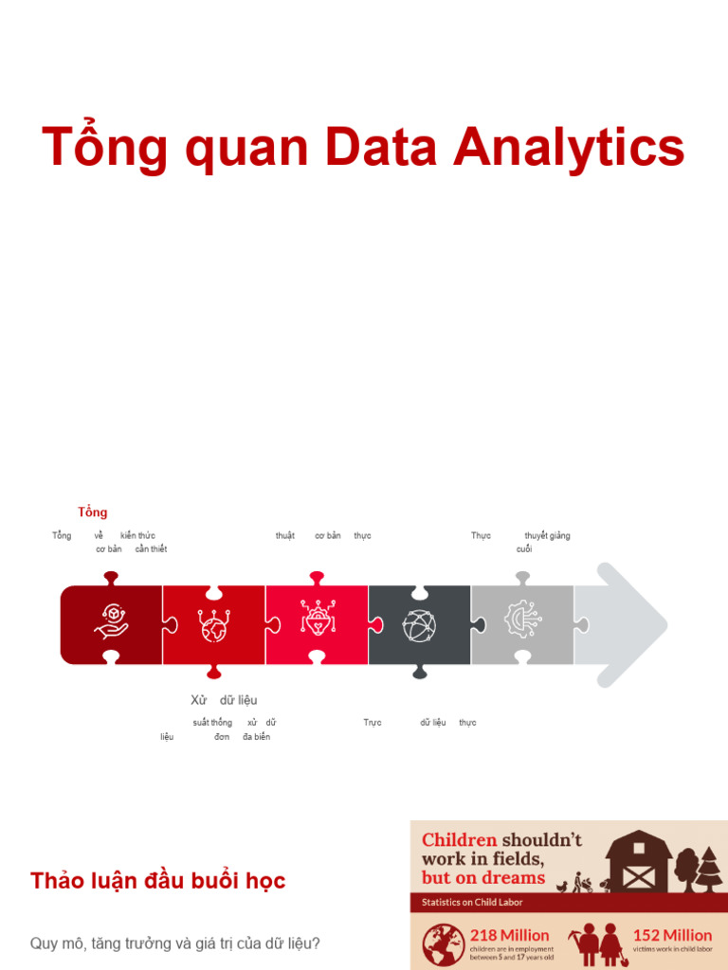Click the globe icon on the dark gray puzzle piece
click(x=419, y=625)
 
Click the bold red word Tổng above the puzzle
click(x=93, y=512)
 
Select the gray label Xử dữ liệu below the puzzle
click(x=224, y=700)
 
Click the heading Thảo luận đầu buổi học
click(x=158, y=881)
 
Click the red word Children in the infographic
click(x=459, y=840)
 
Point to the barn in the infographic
click(x=638, y=862)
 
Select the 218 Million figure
click(x=510, y=935)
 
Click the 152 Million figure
click(x=672, y=935)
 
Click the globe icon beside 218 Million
click(x=441, y=943)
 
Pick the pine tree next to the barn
click(x=709, y=870)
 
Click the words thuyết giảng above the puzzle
click(x=547, y=536)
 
